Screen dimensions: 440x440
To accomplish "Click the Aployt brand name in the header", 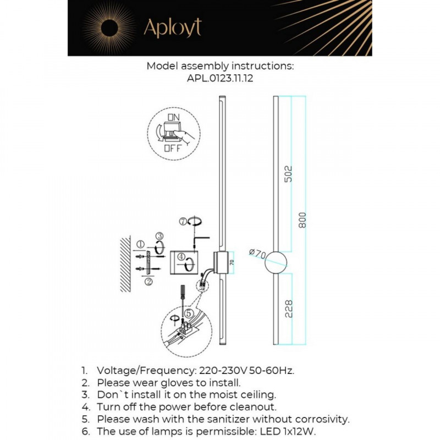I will (173, 27).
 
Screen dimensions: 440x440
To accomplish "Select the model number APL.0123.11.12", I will (220, 79).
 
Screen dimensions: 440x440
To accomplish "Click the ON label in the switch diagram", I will (173, 117).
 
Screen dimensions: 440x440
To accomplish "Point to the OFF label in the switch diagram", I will (172, 148).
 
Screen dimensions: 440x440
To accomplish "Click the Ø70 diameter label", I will (257, 254).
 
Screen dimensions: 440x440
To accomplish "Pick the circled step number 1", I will (140, 244).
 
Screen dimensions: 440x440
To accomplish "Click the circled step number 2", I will (148, 282).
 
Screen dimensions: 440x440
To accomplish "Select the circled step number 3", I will (159, 236).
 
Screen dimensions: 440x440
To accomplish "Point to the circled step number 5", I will (189, 313).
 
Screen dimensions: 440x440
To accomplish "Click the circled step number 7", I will (183, 222).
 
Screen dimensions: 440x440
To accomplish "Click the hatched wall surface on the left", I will (125, 264).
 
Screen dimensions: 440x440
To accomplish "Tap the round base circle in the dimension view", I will (276, 263).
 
